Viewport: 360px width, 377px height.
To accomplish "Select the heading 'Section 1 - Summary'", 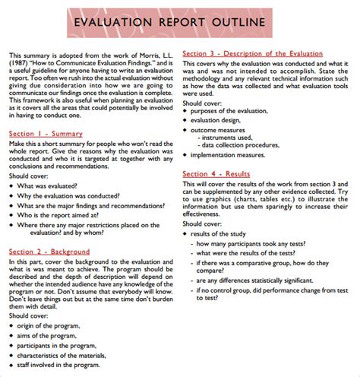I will tap(46, 135).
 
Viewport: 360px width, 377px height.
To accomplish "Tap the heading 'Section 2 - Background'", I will tap(50, 252).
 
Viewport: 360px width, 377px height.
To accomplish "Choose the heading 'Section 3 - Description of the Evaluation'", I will tap(256, 53).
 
